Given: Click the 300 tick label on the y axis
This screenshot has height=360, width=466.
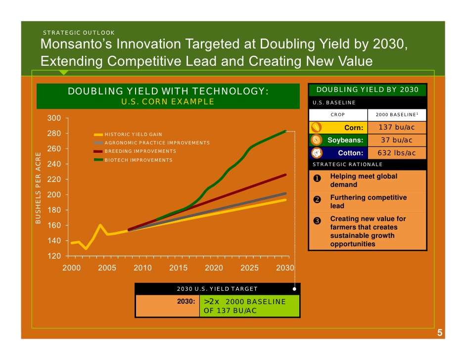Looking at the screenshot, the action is [54, 118].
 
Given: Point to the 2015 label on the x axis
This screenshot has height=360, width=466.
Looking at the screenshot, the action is [178, 268].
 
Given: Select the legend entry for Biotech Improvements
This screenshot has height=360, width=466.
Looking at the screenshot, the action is [133, 160].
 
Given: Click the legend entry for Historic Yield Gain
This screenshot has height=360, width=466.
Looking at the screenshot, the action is [128, 135].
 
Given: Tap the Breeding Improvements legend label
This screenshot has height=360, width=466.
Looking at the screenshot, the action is [135, 151].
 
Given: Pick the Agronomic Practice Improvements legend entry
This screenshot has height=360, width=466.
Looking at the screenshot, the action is [152, 143].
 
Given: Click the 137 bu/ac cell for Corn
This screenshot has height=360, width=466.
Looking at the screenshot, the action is [397, 128].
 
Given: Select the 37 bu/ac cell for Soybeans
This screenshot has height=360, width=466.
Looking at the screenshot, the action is [397, 140].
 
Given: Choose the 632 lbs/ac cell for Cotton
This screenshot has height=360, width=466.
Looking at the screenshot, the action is [397, 153].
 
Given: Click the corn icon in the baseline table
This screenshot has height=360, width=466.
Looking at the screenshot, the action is [316, 128].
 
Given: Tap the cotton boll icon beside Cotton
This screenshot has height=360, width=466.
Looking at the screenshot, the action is [317, 153].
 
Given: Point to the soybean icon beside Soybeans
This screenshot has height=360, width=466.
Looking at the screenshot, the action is [316, 140].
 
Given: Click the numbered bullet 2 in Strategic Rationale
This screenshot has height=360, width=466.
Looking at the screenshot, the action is [317, 199].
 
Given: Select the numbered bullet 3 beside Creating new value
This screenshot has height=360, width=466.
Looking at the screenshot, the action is [317, 221].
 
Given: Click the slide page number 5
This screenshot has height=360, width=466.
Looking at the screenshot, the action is [440, 333].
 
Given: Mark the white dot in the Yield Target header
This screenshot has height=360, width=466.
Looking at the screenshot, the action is [294, 289].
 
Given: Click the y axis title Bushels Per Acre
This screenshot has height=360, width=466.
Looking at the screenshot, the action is [38, 188].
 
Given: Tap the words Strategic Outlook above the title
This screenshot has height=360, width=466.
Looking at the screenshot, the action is [79, 33].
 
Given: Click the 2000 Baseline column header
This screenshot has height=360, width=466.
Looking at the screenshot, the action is [397, 115].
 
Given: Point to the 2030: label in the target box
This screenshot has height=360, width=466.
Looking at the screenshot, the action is [186, 302].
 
